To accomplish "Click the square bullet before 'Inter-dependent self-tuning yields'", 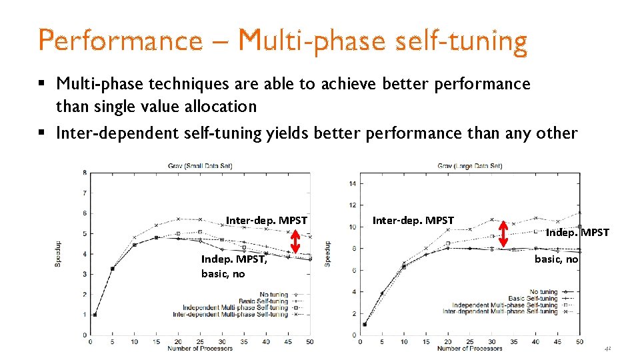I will coord(41,133).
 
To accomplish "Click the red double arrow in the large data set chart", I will coord(503,233).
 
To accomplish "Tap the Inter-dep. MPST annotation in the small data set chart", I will coord(266,220).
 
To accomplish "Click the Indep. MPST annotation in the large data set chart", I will coord(577,232).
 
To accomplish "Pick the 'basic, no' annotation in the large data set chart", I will coord(556,259).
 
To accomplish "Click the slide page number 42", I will coord(607,349).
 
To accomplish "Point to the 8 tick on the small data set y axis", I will coord(83,173).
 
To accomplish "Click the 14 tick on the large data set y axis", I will coord(353,183).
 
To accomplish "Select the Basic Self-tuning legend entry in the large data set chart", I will coord(533,298).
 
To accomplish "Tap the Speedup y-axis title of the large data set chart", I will coord(327,253).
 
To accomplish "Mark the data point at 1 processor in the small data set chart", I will coord(95,315).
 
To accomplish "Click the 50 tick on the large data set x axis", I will coord(579,341).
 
